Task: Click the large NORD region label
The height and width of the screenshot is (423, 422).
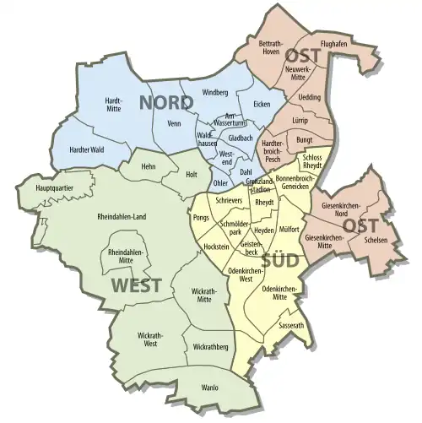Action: coord(166,103)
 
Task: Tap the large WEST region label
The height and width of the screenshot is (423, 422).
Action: coord(134,285)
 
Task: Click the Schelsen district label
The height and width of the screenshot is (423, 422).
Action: coord(374,239)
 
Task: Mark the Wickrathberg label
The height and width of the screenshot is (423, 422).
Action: coord(210,346)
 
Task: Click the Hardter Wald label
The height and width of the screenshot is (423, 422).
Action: coord(87,149)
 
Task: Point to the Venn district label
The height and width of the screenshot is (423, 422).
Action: coord(175,123)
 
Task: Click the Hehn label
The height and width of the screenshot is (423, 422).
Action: coord(150,167)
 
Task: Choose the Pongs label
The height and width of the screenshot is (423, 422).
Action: coord(201,218)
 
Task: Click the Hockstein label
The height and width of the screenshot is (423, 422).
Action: coord(217,246)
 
